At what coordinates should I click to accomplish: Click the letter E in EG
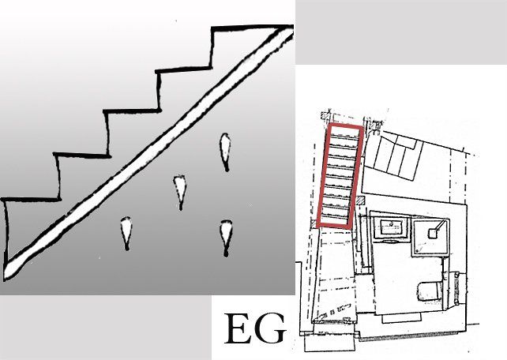click(238, 328)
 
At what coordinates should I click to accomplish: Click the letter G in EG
click(270, 328)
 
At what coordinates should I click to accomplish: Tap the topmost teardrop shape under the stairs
click(225, 152)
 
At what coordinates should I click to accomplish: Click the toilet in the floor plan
click(430, 291)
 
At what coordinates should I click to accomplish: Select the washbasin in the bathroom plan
click(392, 227)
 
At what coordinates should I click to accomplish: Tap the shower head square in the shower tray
click(433, 233)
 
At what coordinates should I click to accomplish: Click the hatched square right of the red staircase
click(359, 201)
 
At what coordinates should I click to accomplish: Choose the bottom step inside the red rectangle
click(335, 219)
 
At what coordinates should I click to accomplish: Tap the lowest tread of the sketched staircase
click(32, 200)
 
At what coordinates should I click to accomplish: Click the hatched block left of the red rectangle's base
click(313, 223)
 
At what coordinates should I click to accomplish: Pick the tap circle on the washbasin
click(391, 223)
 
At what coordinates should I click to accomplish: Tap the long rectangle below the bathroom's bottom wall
click(401, 318)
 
